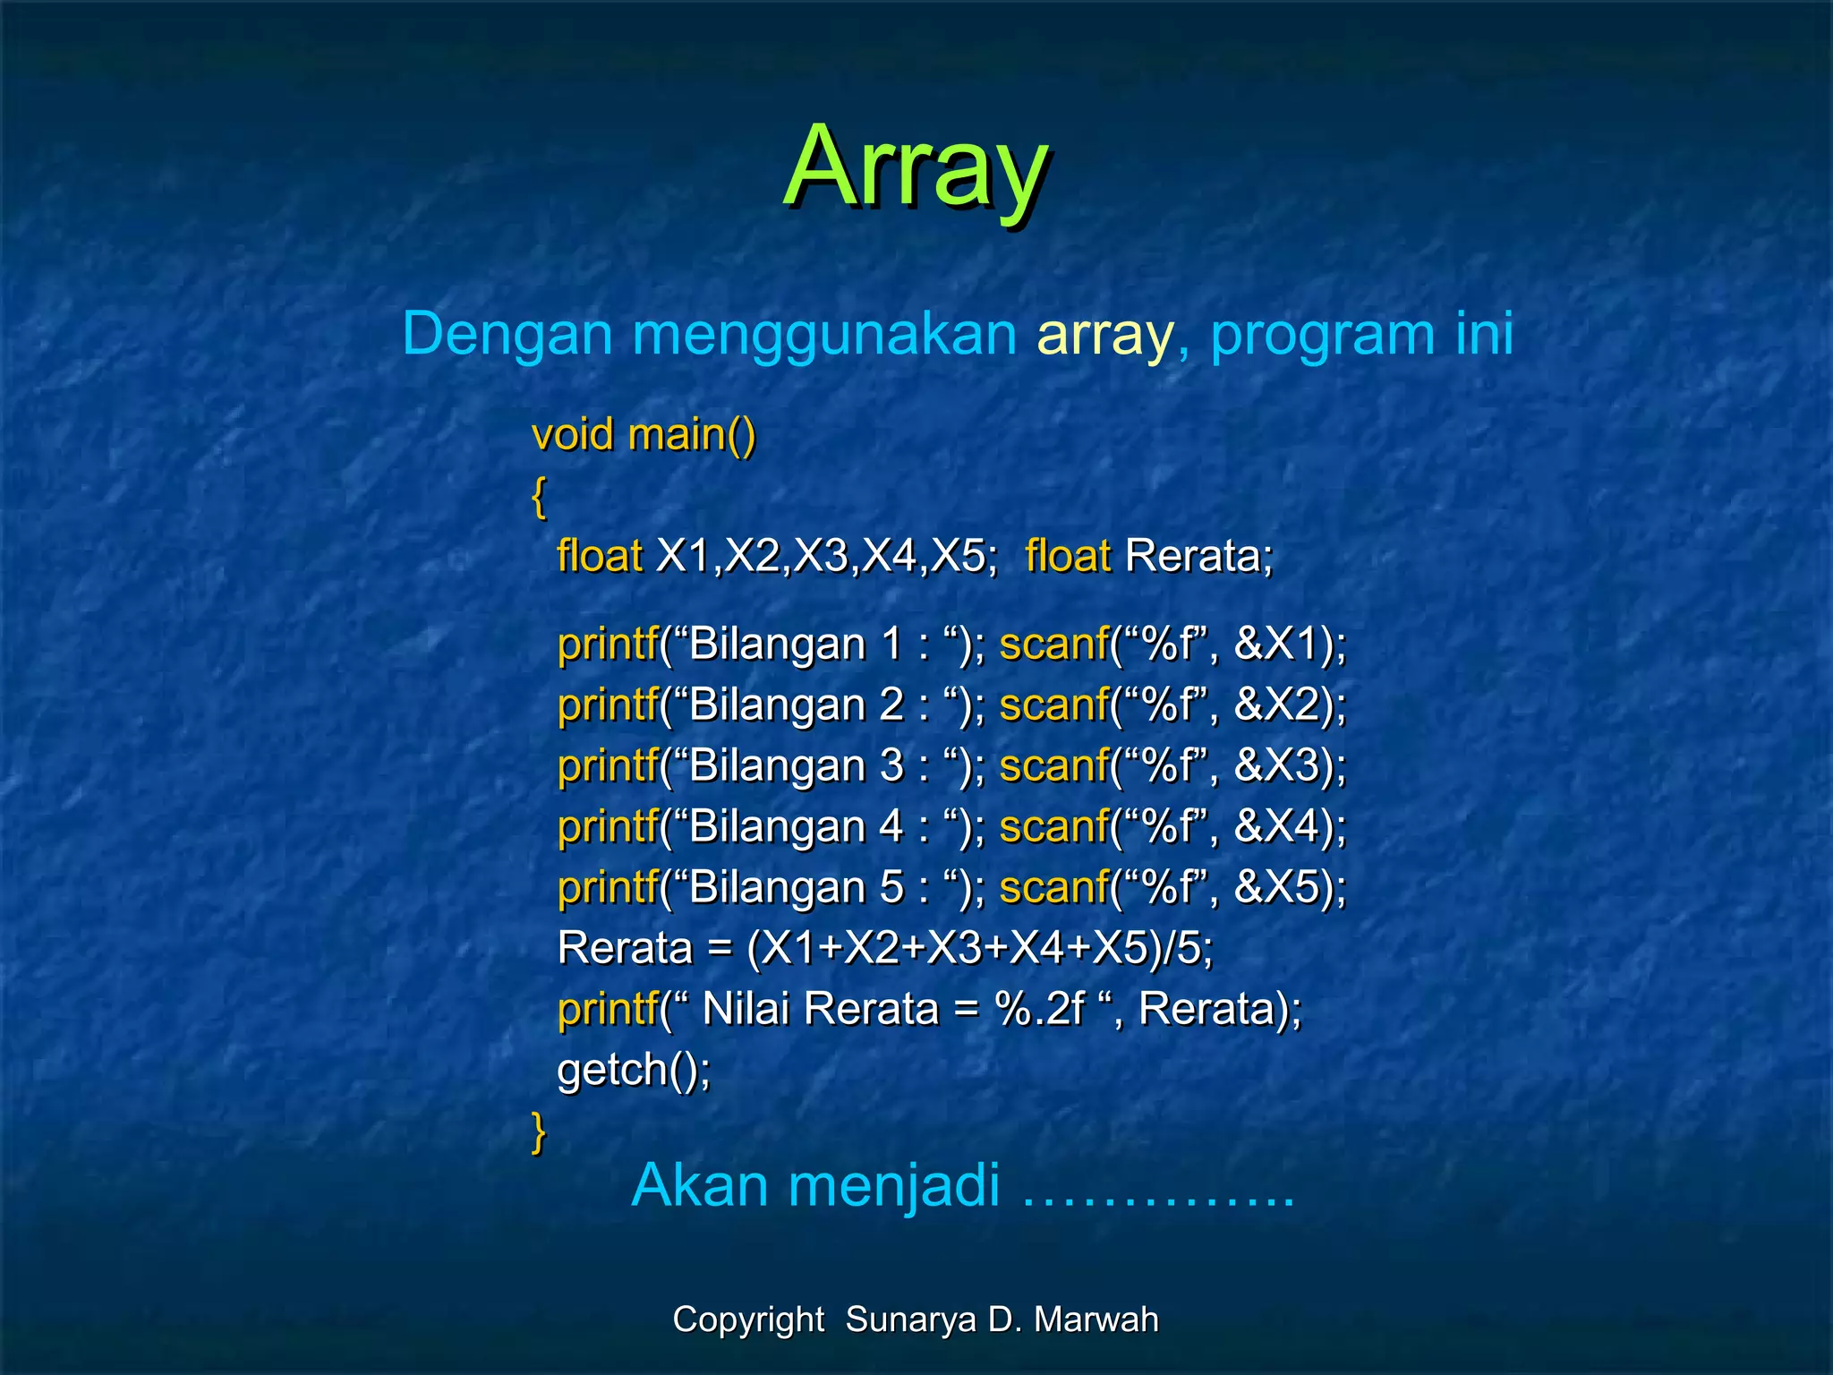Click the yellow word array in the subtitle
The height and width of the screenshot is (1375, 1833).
click(x=1104, y=334)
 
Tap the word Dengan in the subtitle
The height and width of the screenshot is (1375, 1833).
click(x=507, y=334)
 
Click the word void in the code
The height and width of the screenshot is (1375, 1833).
click(x=573, y=435)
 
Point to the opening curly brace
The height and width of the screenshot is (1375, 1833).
click(x=539, y=498)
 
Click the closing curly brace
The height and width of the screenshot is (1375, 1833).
click(x=539, y=1132)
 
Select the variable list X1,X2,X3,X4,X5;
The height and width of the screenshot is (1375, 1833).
click(x=827, y=556)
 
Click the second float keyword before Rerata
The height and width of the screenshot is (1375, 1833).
click(x=1068, y=556)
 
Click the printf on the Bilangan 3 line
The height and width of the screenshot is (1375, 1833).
click(x=608, y=766)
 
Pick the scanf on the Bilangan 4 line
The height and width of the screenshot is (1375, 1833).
click(x=1053, y=827)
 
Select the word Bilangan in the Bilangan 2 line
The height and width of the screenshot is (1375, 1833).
click(x=777, y=705)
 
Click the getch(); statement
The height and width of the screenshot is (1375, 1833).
click(x=634, y=1070)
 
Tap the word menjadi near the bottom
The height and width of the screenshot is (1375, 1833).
click(x=893, y=1186)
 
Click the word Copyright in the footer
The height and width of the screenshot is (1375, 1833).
click(x=748, y=1319)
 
